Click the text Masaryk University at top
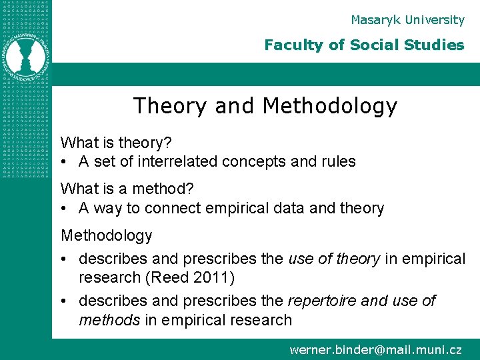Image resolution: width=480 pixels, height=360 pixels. click(407, 20)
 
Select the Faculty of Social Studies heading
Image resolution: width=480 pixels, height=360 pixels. click(364, 45)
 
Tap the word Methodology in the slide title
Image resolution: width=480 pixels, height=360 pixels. click(330, 106)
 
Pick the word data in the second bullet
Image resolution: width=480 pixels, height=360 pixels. click(289, 209)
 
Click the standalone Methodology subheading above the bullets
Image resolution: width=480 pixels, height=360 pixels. click(107, 235)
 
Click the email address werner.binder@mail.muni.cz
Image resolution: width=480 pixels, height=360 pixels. click(375, 349)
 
